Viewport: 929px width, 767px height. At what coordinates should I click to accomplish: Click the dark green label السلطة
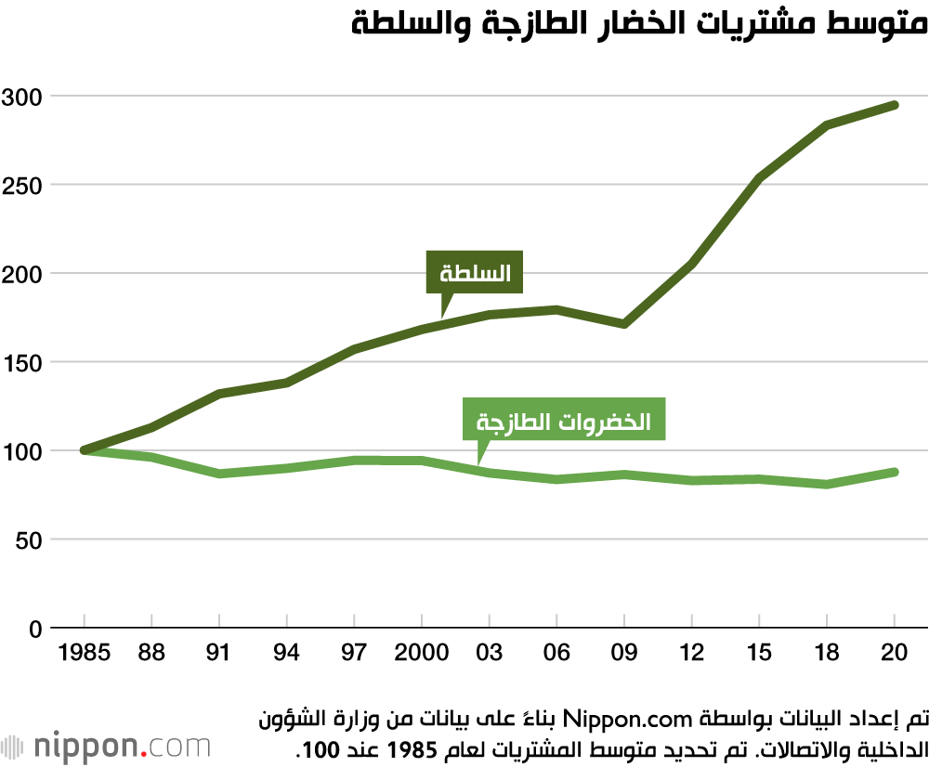pyautogui.click(x=474, y=274)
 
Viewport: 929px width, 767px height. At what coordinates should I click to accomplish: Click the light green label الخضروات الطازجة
pyautogui.click(x=564, y=422)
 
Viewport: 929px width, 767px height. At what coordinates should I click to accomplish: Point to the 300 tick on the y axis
pyautogui.click(x=22, y=96)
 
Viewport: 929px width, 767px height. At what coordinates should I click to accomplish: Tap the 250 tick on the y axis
pyautogui.click(x=22, y=185)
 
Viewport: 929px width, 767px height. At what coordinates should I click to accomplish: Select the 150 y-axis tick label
pyautogui.click(x=22, y=362)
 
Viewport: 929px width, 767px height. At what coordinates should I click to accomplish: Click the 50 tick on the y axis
pyautogui.click(x=28, y=539)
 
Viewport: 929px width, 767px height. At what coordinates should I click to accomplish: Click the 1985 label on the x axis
pyautogui.click(x=84, y=653)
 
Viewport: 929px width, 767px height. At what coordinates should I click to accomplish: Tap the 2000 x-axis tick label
pyautogui.click(x=422, y=653)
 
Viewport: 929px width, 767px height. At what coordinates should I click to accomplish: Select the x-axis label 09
pyautogui.click(x=624, y=653)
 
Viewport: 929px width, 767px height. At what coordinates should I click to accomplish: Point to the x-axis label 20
pyautogui.click(x=894, y=653)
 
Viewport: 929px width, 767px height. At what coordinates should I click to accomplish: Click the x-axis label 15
pyautogui.click(x=759, y=653)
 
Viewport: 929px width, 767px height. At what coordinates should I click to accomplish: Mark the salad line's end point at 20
pyautogui.click(x=894, y=105)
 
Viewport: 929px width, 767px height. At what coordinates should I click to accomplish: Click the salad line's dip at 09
pyautogui.click(x=624, y=324)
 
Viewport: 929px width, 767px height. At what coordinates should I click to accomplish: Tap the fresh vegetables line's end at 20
pyautogui.click(x=894, y=472)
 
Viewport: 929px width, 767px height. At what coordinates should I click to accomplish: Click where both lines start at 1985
pyautogui.click(x=85, y=450)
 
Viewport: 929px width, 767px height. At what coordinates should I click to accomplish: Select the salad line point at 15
pyautogui.click(x=759, y=177)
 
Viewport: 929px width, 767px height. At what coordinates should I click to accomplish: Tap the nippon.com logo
pyautogui.click(x=106, y=747)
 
